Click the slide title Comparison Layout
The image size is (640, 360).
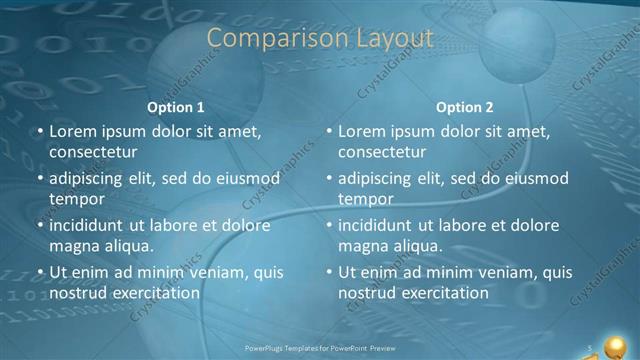tap(320, 38)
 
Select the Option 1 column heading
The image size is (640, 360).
tap(176, 107)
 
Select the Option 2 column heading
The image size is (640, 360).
tap(464, 107)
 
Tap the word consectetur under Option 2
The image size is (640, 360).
tap(382, 152)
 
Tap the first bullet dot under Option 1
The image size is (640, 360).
tap(40, 131)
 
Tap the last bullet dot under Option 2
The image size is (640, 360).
tap(329, 272)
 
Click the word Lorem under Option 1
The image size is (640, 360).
tap(71, 131)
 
